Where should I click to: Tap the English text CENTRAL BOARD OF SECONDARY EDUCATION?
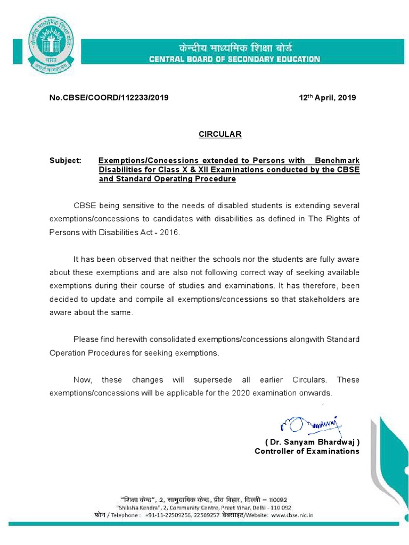[x=235, y=59]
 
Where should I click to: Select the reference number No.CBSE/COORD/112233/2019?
[x=109, y=98]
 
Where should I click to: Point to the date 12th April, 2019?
[x=327, y=98]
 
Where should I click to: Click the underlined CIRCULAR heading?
[x=220, y=134]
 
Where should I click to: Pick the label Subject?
[x=65, y=160]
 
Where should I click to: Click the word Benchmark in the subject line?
[x=337, y=160]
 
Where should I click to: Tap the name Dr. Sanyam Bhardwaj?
[x=312, y=442]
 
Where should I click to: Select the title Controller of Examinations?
[x=307, y=451]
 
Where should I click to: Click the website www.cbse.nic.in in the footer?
[x=292, y=515]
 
